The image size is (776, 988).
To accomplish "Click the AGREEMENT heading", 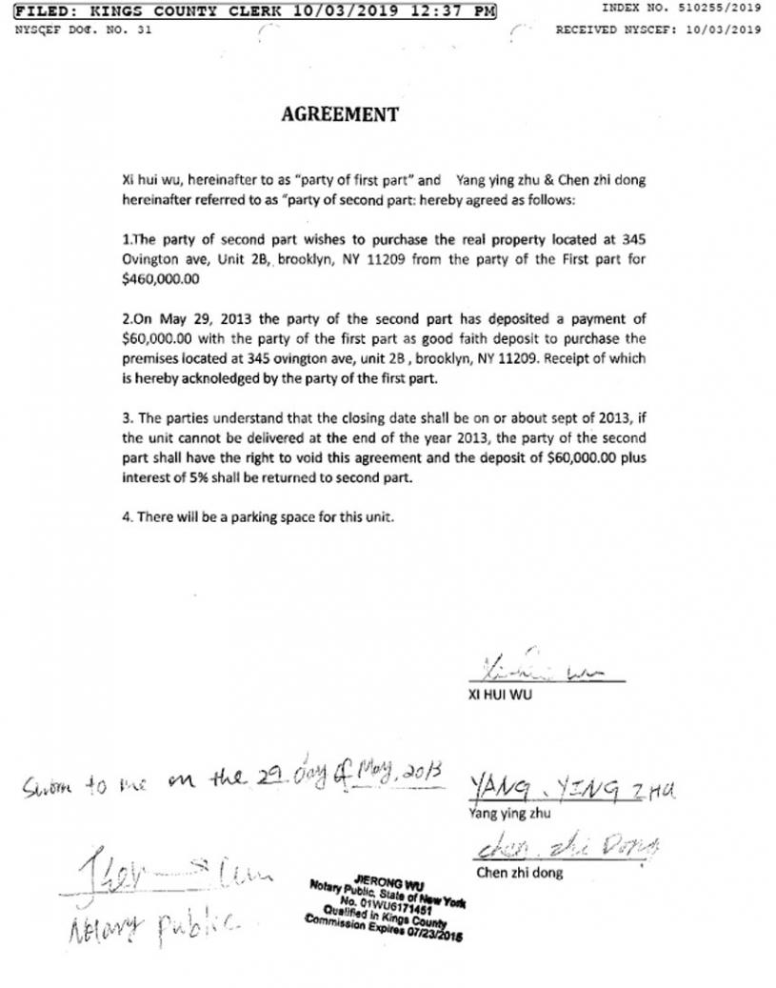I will (x=340, y=114).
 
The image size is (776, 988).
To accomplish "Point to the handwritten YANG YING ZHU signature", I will (x=572, y=787).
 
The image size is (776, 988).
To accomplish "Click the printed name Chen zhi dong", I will (x=519, y=872).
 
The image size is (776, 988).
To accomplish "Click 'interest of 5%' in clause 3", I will (x=164, y=477).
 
